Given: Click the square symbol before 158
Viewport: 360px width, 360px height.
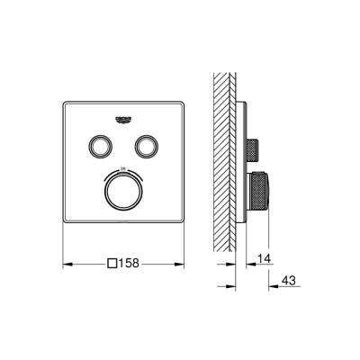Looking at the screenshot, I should [x=112, y=265].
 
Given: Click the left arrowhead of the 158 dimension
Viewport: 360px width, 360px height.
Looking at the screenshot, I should [x=66, y=265].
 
